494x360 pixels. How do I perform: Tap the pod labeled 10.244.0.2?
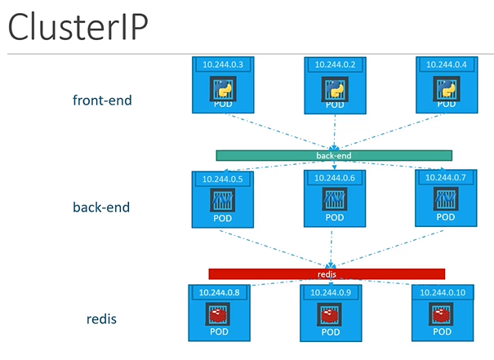point(333,83)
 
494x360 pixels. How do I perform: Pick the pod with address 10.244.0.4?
point(444,83)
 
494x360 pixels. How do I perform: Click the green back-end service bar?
point(334,155)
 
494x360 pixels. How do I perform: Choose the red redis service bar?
point(327,274)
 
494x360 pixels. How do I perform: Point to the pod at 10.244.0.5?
point(221,198)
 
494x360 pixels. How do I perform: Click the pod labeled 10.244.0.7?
point(444,198)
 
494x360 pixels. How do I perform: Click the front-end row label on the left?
point(101,100)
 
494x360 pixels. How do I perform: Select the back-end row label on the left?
point(101,207)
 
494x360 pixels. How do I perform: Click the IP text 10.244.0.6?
point(333,177)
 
